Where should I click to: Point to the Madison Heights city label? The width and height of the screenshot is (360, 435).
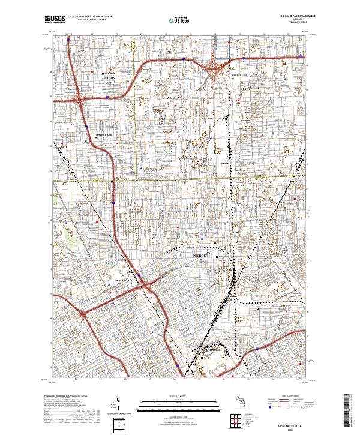click(x=109, y=75)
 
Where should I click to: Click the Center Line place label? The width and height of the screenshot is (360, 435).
click(x=239, y=75)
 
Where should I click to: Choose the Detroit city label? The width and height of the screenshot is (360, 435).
click(x=200, y=255)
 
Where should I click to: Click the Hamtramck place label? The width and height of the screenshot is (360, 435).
click(x=211, y=349)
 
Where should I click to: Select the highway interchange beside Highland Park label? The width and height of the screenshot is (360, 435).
click(x=145, y=287)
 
